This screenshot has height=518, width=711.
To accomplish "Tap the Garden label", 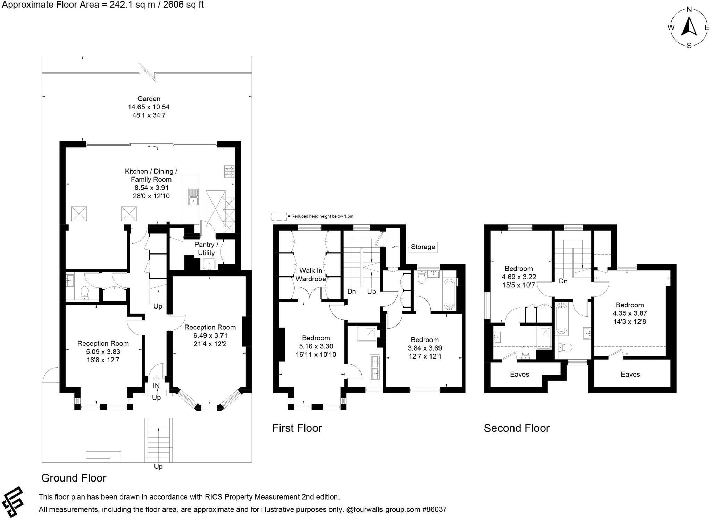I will (x=149, y=99).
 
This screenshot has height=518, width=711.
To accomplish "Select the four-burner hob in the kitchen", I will (x=229, y=171).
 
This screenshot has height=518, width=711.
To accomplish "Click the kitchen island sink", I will (x=193, y=197).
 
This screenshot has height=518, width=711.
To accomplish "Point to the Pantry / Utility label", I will (x=206, y=249).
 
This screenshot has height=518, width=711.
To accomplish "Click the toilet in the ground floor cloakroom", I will (x=84, y=293).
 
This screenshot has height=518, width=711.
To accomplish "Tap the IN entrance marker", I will (x=156, y=386).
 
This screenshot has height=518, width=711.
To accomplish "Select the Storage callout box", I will (x=423, y=247).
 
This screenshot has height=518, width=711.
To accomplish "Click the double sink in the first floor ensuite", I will (x=375, y=368).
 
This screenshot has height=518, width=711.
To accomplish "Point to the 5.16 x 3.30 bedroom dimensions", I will (x=316, y=346).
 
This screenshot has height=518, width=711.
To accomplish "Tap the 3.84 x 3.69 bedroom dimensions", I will (x=425, y=348).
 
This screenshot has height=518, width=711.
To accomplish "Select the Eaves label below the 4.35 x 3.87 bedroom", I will (x=630, y=374).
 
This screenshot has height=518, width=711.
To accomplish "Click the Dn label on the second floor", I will (x=563, y=281).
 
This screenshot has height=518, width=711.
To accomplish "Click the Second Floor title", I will (x=517, y=428).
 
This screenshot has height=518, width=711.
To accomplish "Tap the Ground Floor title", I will (x=74, y=478).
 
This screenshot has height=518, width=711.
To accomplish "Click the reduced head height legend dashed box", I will (x=279, y=216).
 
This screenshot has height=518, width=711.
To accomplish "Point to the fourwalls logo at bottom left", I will (x=12, y=502).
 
